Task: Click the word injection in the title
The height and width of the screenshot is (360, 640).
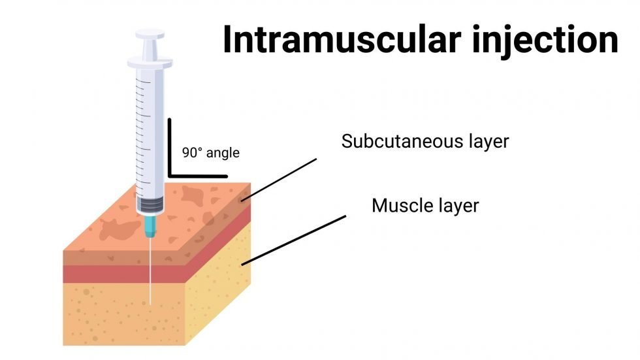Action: [x=545, y=41]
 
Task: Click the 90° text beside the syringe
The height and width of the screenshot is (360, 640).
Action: [x=192, y=153]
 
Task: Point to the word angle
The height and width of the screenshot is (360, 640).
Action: [x=223, y=154]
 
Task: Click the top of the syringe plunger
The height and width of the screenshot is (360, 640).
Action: [x=150, y=34]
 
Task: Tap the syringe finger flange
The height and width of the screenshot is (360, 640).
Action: [x=150, y=63]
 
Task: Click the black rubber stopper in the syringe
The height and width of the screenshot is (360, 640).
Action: [x=150, y=204]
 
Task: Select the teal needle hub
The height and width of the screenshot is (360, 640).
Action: [x=150, y=227]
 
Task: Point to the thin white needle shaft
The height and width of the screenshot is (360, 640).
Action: [x=150, y=271]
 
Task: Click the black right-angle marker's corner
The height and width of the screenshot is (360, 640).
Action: [x=170, y=176]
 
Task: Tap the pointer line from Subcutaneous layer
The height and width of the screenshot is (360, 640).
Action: [x=279, y=180]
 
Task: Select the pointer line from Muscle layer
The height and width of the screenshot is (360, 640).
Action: [x=294, y=240]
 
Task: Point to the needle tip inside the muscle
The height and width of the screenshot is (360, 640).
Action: [x=150, y=304]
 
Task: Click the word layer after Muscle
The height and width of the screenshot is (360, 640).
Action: [x=458, y=206]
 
